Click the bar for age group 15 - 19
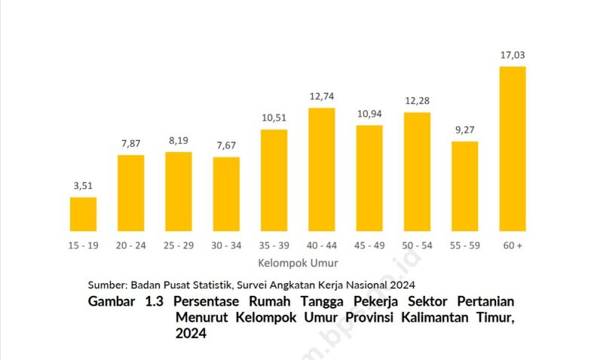83,214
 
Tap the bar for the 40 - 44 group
322,169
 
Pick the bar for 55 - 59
465,186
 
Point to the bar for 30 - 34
226,194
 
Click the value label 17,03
513,55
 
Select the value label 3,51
83,185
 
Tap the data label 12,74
322,96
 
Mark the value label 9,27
465,129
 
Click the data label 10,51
274,117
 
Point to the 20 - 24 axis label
130,246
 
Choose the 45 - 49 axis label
369,246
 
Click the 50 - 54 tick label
417,246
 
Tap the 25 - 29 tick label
179,246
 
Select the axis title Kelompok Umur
298,264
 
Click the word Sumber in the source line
107,285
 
